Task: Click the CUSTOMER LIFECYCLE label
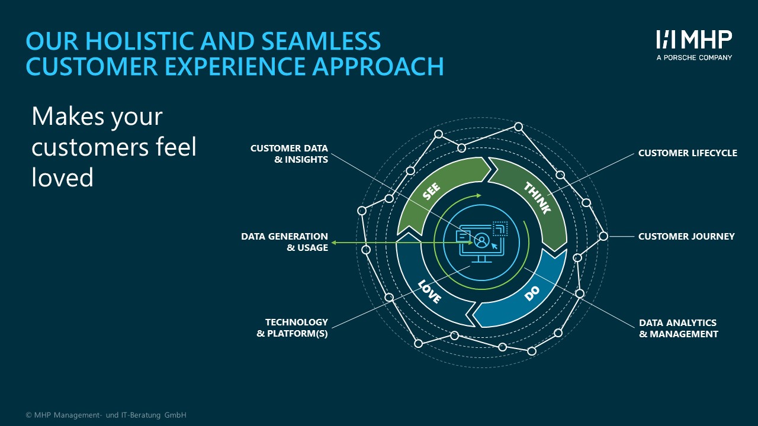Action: pyautogui.click(x=688, y=153)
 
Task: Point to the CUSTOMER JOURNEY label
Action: pyautogui.click(x=686, y=236)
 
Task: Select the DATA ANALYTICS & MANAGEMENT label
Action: pyautogui.click(x=679, y=328)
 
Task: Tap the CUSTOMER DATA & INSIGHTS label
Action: pyautogui.click(x=290, y=154)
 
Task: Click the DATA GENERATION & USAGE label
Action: pyautogui.click(x=285, y=242)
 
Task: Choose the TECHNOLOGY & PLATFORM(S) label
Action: pyautogui.click(x=293, y=328)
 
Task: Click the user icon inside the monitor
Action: pyautogui.click(x=481, y=240)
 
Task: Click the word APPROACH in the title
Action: pyautogui.click(x=378, y=66)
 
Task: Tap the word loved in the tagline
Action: pyautogui.click(x=63, y=177)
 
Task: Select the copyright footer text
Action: pyautogui.click(x=106, y=415)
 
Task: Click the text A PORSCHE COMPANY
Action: pyautogui.click(x=694, y=57)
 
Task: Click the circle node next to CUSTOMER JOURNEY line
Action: pyautogui.click(x=603, y=236)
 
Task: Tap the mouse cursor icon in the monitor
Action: pyautogui.click(x=494, y=246)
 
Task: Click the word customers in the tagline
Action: pyautogui.click(x=90, y=147)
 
